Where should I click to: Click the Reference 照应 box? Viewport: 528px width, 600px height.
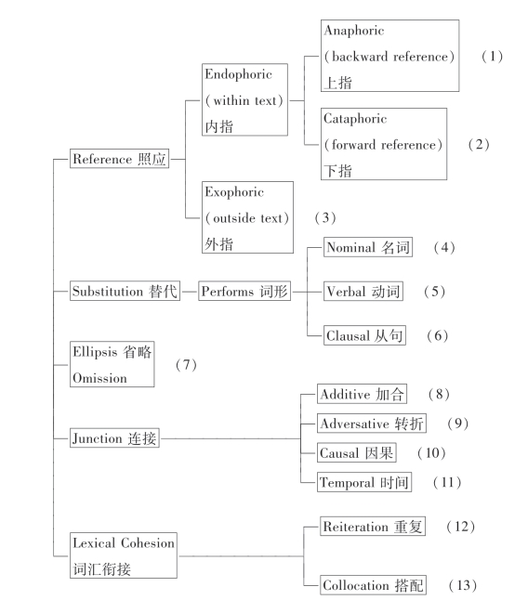(120, 159)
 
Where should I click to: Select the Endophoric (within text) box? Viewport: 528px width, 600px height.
(244, 99)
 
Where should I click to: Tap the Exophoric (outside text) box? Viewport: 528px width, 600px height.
(247, 217)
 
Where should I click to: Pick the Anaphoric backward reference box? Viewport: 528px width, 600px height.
(389, 56)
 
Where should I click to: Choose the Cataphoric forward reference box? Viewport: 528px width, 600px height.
(384, 144)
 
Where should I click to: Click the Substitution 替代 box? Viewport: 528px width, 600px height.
(125, 291)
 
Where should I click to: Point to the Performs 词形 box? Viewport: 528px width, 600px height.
(244, 291)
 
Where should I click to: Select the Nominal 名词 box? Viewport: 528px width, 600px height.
(368, 247)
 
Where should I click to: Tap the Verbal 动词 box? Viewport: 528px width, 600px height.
(363, 292)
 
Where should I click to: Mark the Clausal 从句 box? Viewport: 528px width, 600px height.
(364, 335)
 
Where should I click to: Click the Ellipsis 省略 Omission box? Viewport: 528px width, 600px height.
(112, 364)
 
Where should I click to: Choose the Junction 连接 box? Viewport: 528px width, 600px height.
(114, 437)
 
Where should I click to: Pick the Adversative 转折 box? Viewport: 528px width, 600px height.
(372, 424)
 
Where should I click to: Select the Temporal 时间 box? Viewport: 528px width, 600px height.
(364, 482)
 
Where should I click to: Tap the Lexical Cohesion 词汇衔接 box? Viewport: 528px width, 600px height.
(124, 555)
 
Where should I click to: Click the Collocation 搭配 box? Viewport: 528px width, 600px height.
(373, 585)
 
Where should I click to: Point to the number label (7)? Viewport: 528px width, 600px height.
(186, 365)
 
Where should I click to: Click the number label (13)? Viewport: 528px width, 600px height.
(463, 585)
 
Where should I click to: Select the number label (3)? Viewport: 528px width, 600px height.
(325, 217)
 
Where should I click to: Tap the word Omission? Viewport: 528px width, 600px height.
(99, 378)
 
